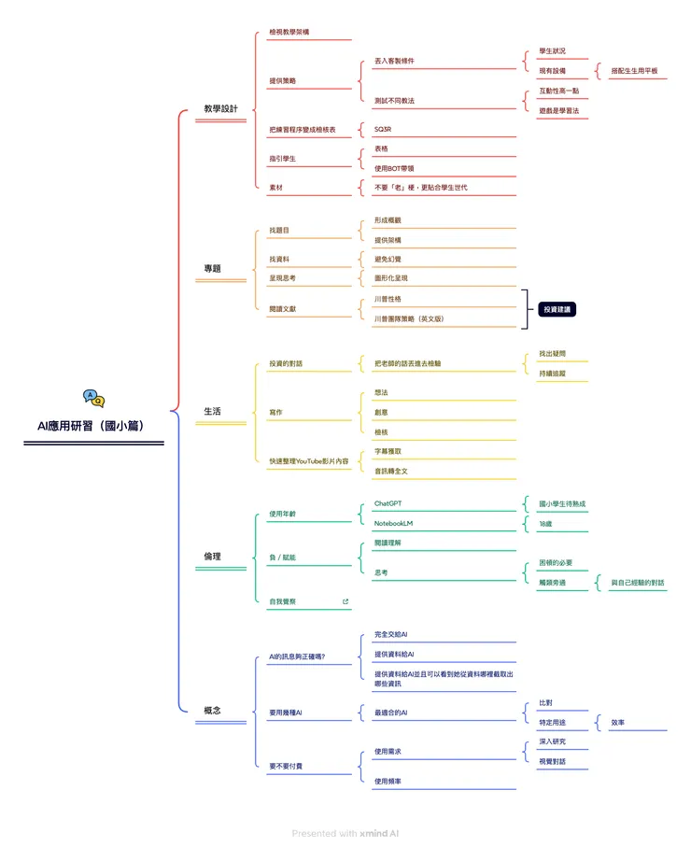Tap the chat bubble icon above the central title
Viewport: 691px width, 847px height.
(x=93, y=399)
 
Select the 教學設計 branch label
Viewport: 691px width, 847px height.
(x=220, y=109)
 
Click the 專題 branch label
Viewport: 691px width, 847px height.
(x=212, y=269)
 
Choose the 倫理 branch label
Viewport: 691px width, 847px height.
(x=212, y=557)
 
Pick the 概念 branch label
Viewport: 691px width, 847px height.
(x=212, y=711)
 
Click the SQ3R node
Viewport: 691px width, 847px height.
(x=383, y=130)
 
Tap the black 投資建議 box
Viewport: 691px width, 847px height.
(x=557, y=309)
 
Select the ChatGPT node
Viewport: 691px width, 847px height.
(x=388, y=503)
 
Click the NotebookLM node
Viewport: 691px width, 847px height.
(x=393, y=524)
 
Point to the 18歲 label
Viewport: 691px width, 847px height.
(x=546, y=524)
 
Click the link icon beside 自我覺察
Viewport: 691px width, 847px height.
(x=345, y=602)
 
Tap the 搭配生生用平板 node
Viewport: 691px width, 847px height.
(x=634, y=71)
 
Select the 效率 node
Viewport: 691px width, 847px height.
(x=618, y=722)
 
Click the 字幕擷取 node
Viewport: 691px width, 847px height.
(x=388, y=451)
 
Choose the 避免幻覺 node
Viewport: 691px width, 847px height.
(x=388, y=259)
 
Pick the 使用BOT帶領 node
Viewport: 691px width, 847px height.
(x=393, y=168)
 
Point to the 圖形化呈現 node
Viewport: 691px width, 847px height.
(x=390, y=278)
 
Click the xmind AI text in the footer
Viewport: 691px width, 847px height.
(x=379, y=833)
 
